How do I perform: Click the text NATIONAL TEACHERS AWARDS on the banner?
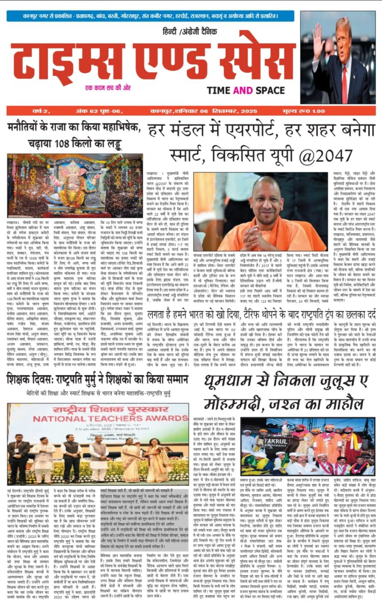98,418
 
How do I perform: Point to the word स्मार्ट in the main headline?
171,155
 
